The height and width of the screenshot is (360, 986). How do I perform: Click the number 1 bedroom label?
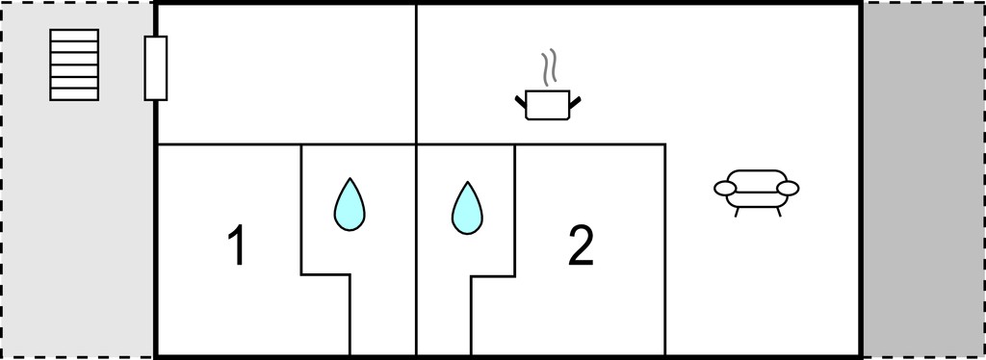pyautogui.click(x=237, y=246)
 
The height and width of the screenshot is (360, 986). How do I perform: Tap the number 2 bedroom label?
pyautogui.click(x=581, y=246)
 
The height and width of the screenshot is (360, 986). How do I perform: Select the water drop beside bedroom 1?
pyautogui.click(x=349, y=205)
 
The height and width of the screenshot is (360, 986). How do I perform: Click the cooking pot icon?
pyautogui.click(x=547, y=105)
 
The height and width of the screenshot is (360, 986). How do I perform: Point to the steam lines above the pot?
pyautogui.click(x=550, y=66)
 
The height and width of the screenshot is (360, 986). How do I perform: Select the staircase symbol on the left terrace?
pyautogui.click(x=74, y=64)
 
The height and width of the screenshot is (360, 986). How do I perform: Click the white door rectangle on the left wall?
pyautogui.click(x=156, y=67)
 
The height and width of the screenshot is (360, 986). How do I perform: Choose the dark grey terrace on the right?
pyautogui.click(x=923, y=180)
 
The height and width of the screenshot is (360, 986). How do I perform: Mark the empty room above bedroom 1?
pyautogui.click(x=286, y=74)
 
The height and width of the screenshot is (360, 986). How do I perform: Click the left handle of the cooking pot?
pyautogui.click(x=521, y=100)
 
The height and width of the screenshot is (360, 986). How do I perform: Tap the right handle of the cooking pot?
pyautogui.click(x=574, y=100)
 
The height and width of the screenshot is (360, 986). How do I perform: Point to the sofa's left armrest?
pyautogui.click(x=725, y=188)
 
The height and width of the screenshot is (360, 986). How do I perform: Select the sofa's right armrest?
pyautogui.click(x=788, y=188)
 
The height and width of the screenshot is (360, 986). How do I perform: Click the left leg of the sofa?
pyautogui.click(x=737, y=213)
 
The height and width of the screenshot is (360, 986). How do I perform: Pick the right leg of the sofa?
pyautogui.click(x=778, y=213)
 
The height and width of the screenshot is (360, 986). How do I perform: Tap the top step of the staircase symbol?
pyautogui.click(x=74, y=36)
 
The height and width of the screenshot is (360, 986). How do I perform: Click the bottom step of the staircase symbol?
pyautogui.click(x=74, y=94)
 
